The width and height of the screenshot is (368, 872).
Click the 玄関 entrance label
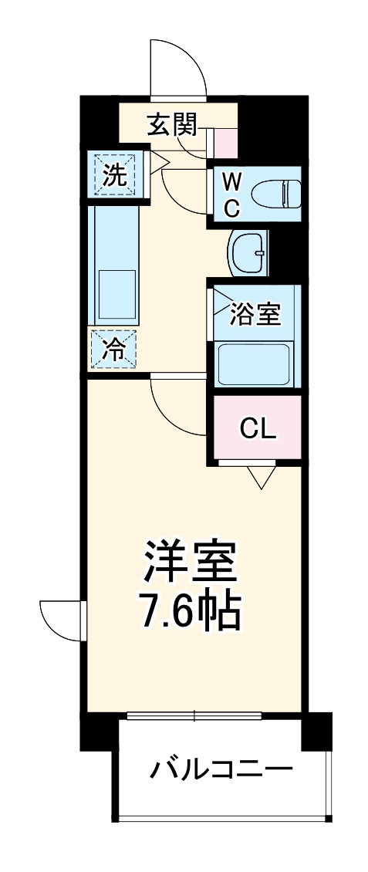tap(172, 123)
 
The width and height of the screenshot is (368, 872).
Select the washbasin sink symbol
tap(249, 252)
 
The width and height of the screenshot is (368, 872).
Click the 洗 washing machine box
tap(114, 175)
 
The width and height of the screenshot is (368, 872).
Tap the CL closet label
tap(257, 429)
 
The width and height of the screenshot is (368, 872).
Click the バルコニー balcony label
tap(221, 769)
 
